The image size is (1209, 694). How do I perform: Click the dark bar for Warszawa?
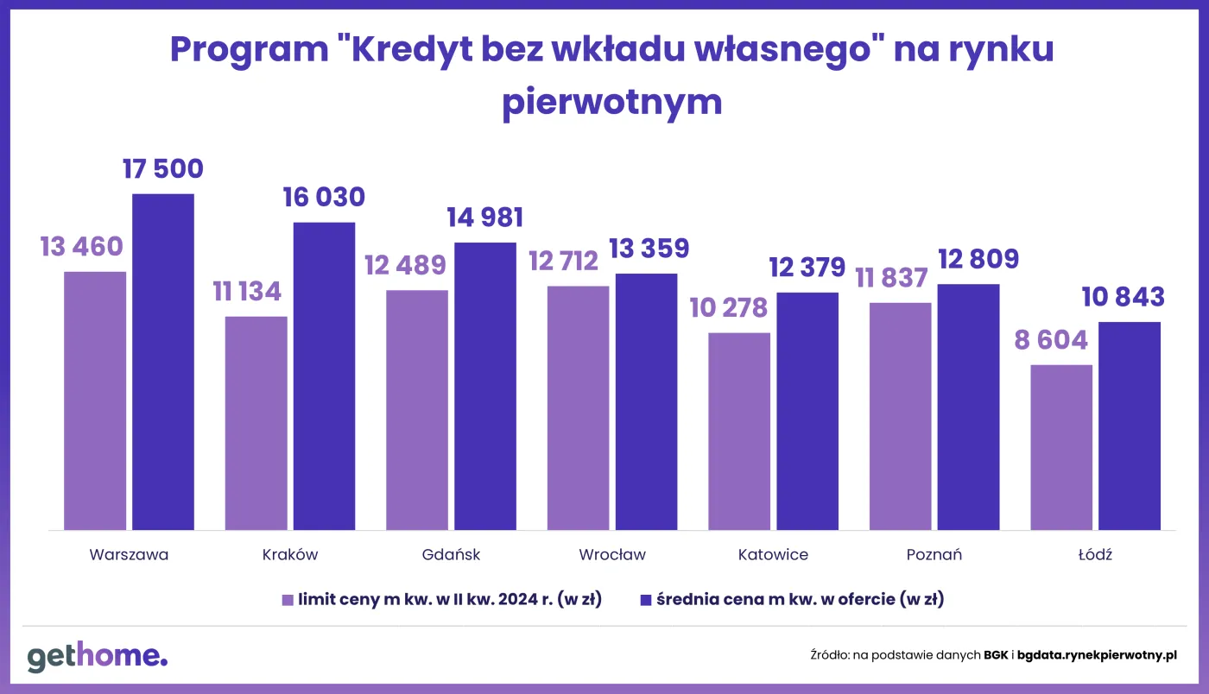[x=163, y=362]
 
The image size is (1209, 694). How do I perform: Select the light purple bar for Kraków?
[x=256, y=423]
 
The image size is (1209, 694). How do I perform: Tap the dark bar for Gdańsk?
[x=485, y=386]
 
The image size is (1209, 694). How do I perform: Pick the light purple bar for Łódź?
[x=1061, y=447]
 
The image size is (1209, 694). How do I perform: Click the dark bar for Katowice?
[x=807, y=411]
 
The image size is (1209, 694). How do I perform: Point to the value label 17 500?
[x=163, y=168]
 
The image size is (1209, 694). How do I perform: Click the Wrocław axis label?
[x=612, y=555]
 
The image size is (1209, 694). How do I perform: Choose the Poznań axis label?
[x=934, y=555]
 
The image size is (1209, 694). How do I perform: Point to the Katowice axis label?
[x=773, y=555]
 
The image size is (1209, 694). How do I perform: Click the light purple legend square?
[x=288, y=599]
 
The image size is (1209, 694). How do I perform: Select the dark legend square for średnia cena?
[x=645, y=599]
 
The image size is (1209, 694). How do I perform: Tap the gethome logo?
[x=97, y=657]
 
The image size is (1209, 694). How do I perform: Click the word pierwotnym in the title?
[x=611, y=102]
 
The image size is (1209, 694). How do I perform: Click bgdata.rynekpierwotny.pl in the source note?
[x=1097, y=656]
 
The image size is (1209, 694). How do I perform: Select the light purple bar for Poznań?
[x=900, y=416]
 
